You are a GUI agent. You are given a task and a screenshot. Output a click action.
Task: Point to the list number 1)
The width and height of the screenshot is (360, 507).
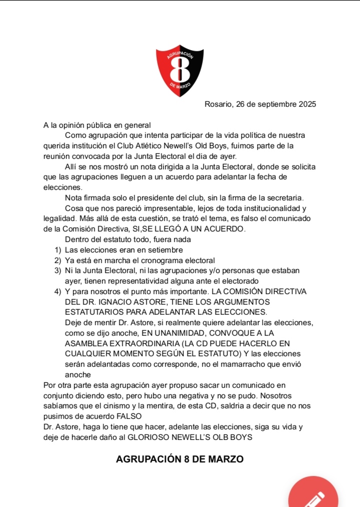coord(58,249)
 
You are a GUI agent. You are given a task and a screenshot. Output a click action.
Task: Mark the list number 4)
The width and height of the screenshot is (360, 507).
coord(58,291)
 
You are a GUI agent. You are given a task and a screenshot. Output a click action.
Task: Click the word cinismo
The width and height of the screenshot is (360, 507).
coord(133,406)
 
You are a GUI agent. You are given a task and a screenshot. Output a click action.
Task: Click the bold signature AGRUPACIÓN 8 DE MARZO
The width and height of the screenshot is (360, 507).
coord(180,459)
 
